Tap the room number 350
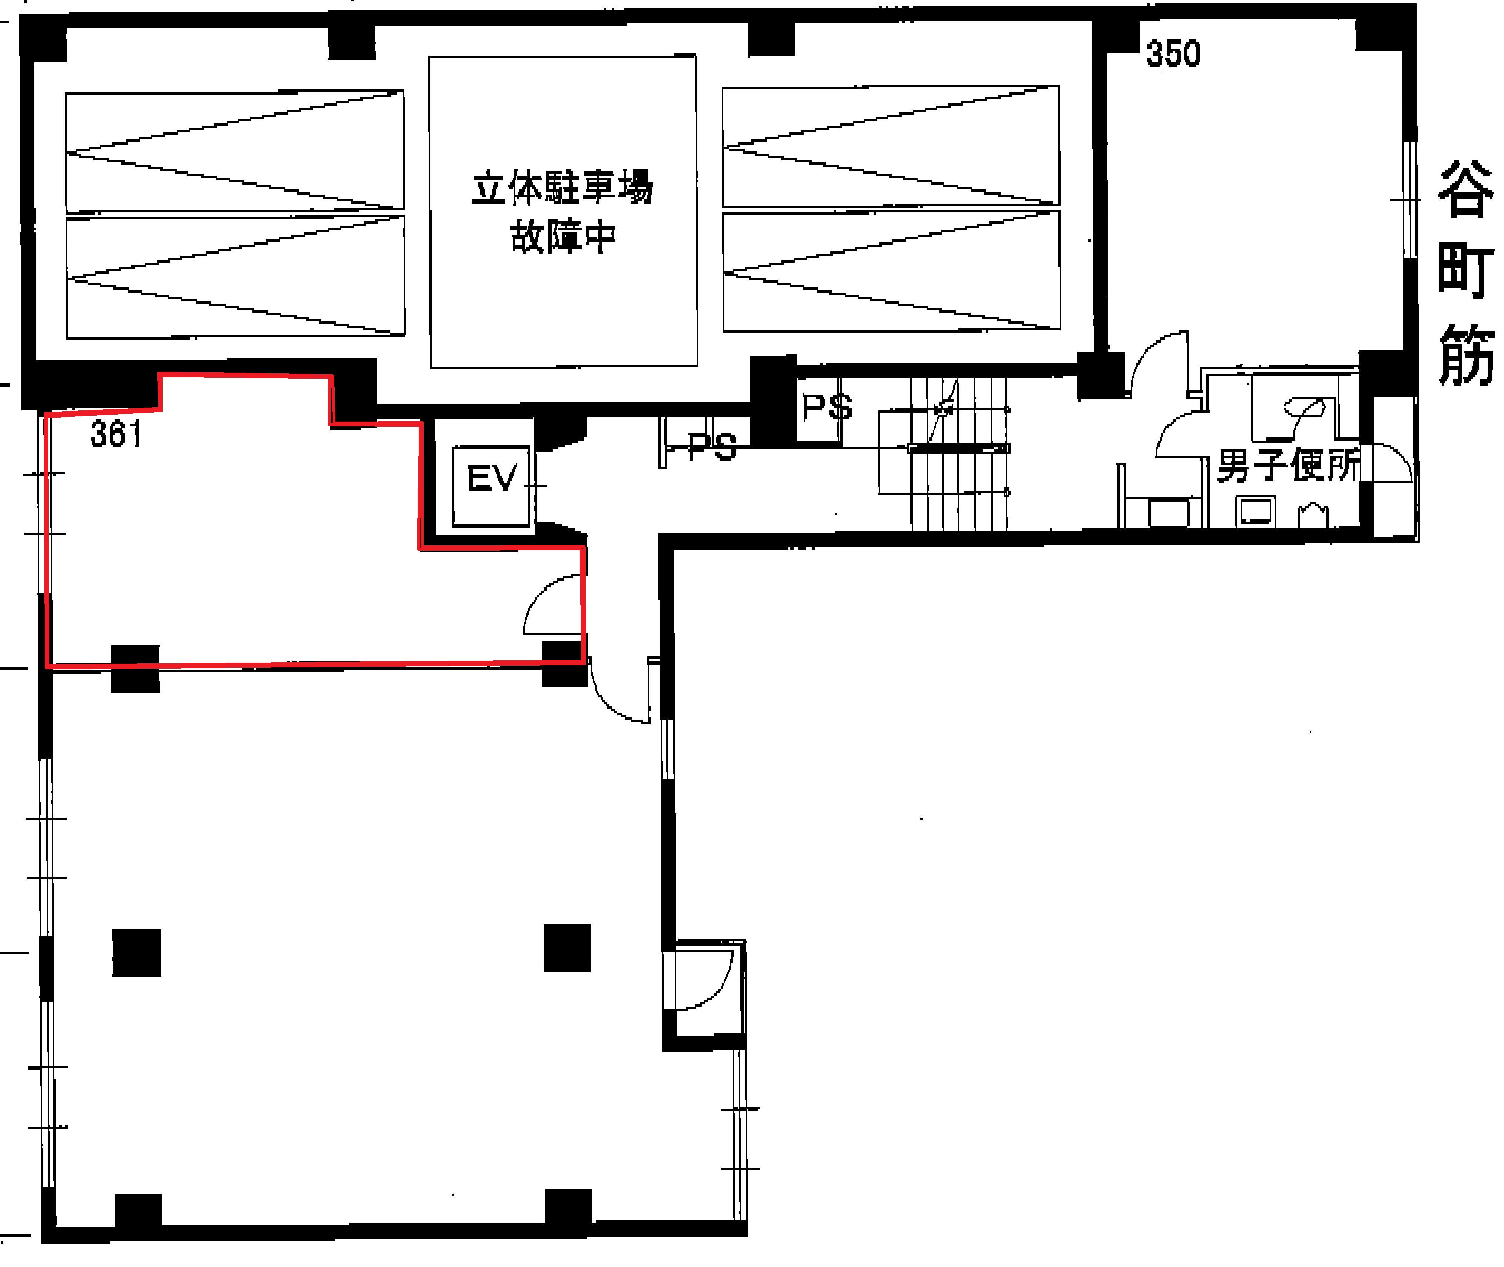(x=1173, y=54)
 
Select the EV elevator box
(x=491, y=486)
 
